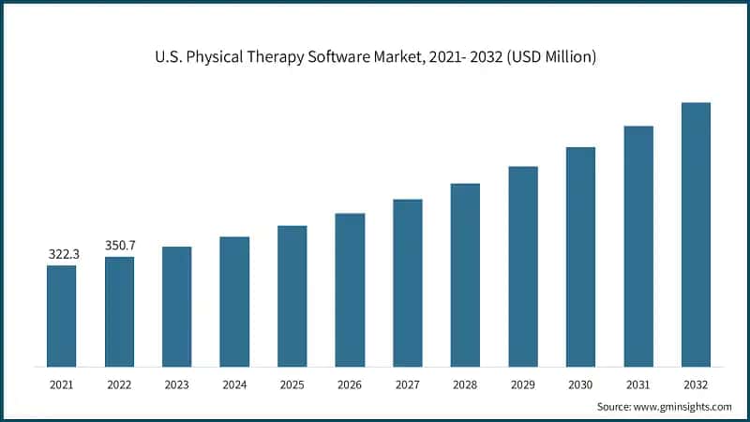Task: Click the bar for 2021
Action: coord(62,315)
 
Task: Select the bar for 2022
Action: coord(119,311)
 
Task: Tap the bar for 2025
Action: coord(292,295)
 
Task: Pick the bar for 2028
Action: coord(465,274)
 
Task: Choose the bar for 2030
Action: coord(580,256)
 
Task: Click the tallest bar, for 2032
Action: coord(696,234)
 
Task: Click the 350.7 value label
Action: coord(119,245)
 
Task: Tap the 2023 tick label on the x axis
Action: coord(177,384)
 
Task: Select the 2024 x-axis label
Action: coord(234,384)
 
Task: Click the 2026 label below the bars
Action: coord(350,384)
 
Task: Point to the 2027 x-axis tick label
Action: coord(408,384)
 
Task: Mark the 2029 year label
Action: coord(523,384)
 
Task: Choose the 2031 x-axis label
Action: coord(638,384)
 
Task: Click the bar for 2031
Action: coord(638,246)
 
